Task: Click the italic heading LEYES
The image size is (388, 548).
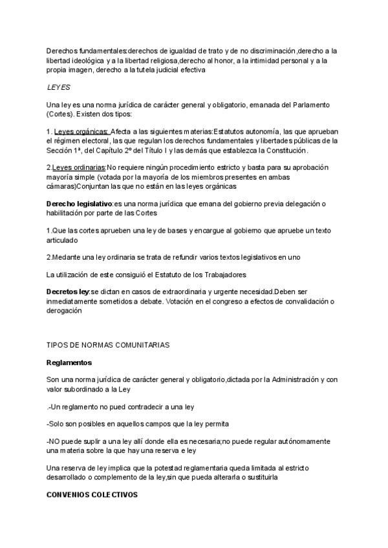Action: [x=59, y=87]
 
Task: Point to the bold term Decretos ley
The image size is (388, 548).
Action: [x=68, y=291]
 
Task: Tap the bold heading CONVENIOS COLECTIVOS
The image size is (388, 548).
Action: [x=92, y=494]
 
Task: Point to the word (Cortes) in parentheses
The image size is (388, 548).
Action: [x=60, y=114]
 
